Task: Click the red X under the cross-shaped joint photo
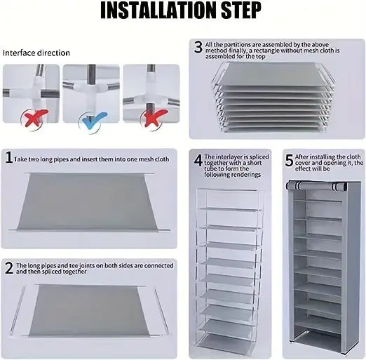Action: point(34,118)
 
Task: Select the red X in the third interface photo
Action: point(154,118)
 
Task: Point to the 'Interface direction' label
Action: point(36,53)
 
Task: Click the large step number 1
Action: point(9,157)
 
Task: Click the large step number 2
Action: point(9,268)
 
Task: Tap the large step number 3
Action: point(198,47)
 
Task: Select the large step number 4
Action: point(198,160)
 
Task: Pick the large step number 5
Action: point(289,161)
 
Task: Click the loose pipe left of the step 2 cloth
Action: point(18,309)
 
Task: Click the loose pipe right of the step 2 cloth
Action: point(161,310)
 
